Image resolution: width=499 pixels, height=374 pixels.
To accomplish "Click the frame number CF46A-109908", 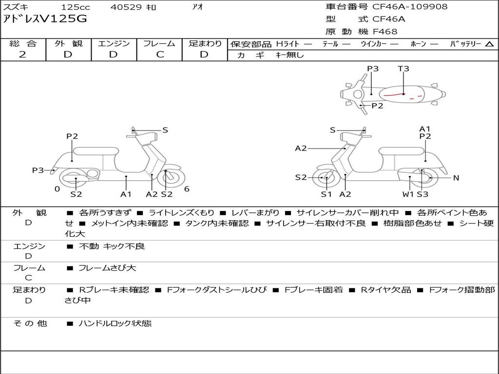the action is [x=410, y=7].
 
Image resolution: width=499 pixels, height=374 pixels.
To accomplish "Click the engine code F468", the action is [x=385, y=32].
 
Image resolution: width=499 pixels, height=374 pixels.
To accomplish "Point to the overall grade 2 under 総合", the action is [x=22, y=55].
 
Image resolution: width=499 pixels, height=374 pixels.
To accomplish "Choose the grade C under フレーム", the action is [x=160, y=55].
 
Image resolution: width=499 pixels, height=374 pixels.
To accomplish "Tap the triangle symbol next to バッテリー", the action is [x=489, y=44].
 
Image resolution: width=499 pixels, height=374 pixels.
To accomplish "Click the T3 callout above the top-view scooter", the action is [x=403, y=69].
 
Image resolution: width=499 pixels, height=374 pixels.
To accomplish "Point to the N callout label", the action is [x=456, y=178].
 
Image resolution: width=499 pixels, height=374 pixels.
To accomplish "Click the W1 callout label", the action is [x=408, y=194].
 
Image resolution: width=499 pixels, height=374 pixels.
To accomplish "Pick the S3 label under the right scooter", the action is [x=422, y=194].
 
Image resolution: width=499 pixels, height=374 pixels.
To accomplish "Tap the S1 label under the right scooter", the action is [x=326, y=194].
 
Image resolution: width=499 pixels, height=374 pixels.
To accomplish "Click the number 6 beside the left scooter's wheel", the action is [x=187, y=189].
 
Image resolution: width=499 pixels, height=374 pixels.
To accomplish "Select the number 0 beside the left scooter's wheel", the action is [x=57, y=189].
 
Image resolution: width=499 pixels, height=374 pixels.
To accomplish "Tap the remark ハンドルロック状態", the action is [x=115, y=323].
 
